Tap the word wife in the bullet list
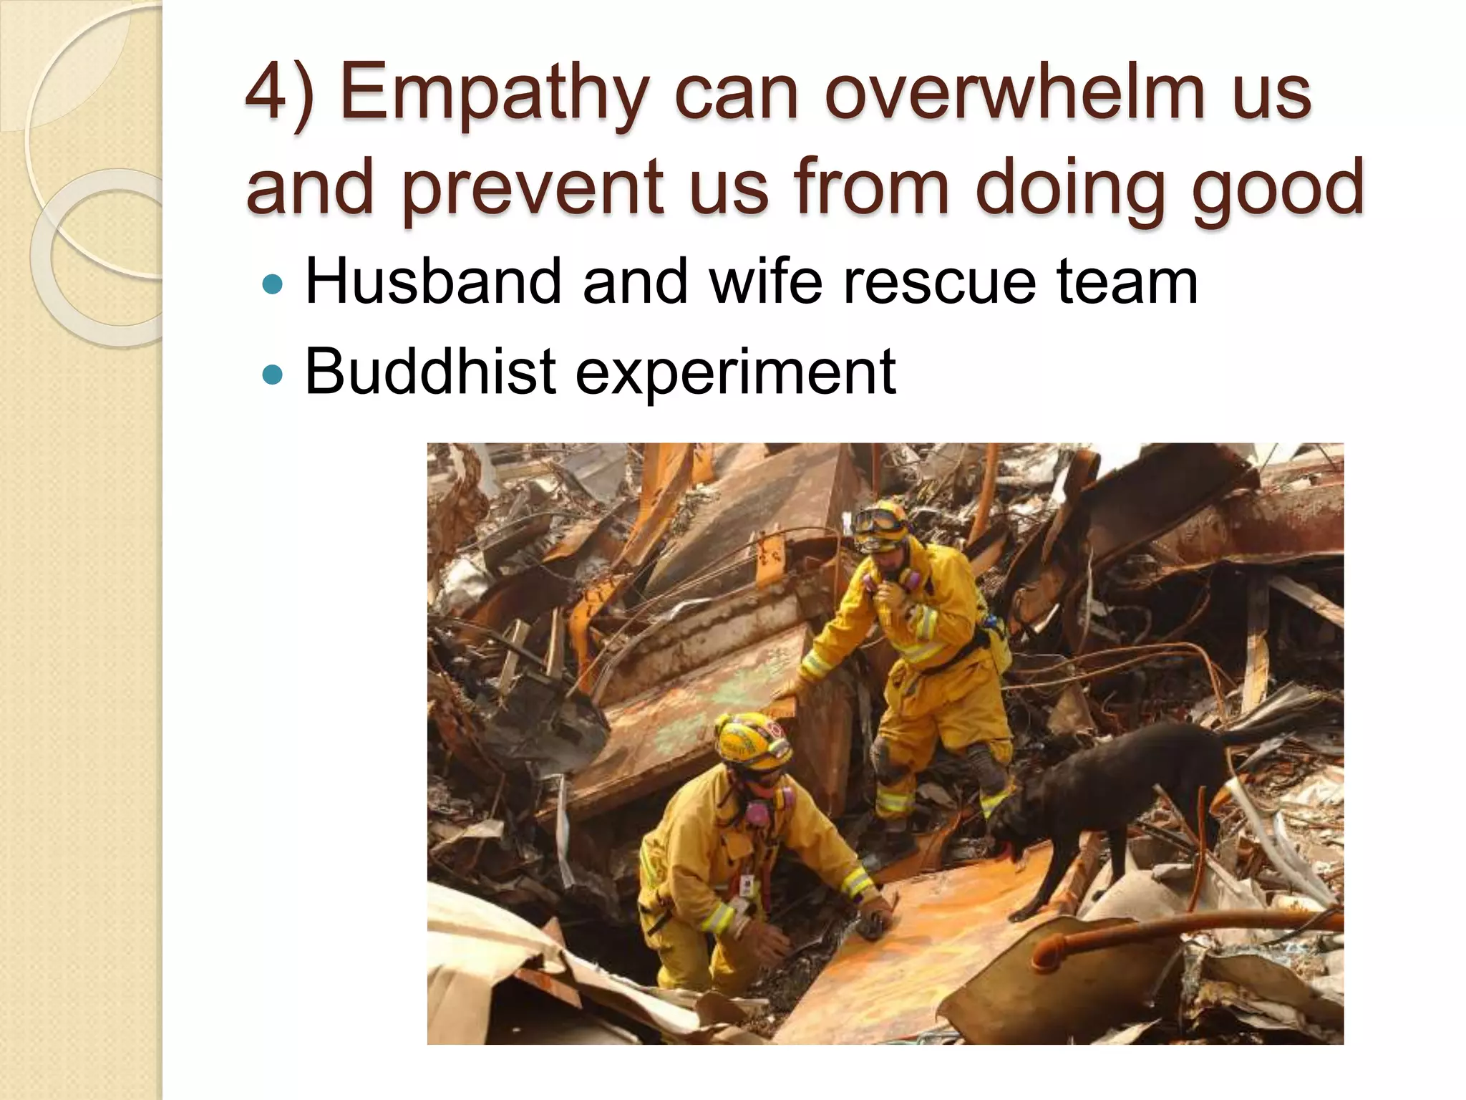click(x=766, y=281)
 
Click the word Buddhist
click(x=430, y=371)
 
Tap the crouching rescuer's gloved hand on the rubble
click(x=878, y=920)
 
